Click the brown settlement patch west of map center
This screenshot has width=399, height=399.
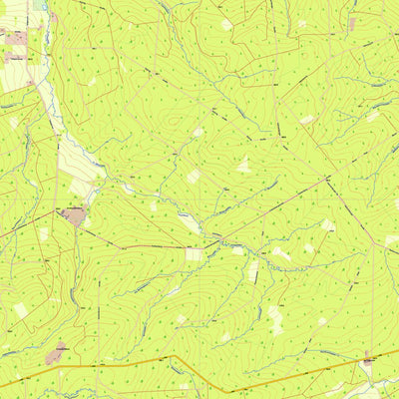73,214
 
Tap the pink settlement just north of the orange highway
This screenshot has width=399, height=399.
56,352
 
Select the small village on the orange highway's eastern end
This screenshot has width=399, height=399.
369,360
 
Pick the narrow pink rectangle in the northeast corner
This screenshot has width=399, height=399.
351,23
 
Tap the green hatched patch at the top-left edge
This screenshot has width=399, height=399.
40,5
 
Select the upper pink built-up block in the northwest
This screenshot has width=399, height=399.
15,38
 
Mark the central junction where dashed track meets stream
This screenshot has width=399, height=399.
216,240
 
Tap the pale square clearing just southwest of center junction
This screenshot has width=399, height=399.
194,254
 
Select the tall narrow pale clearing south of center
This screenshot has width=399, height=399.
253,270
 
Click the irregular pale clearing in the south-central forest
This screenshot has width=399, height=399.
274,319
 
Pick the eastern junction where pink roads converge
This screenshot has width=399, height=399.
328,180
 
